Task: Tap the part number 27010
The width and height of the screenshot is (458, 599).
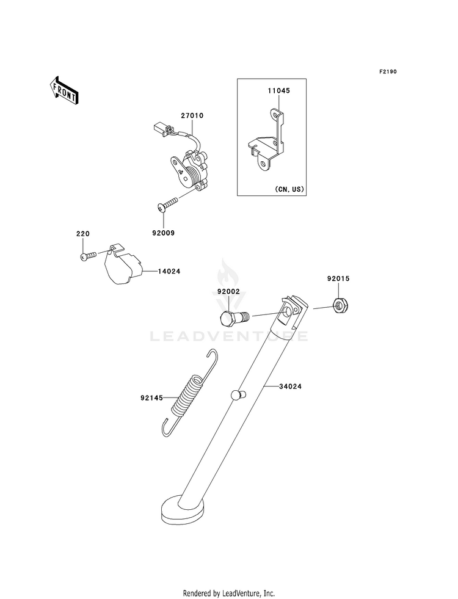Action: tap(191, 116)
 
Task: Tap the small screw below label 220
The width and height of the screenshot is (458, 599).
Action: tap(88, 256)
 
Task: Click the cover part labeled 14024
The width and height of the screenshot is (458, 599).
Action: tap(120, 265)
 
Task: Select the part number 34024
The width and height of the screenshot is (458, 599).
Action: tap(291, 387)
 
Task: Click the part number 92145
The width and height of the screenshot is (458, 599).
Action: tap(152, 398)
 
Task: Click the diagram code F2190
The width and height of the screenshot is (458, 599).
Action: tap(387, 72)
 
